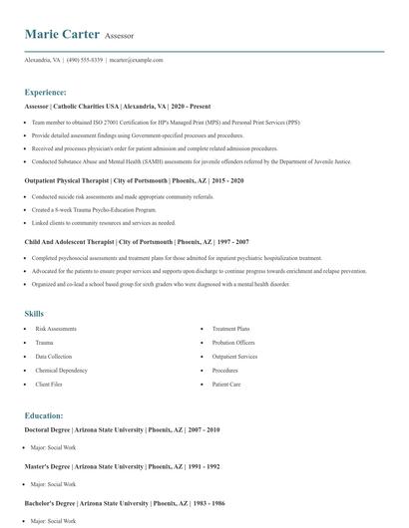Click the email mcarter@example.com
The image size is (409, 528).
coord(137,60)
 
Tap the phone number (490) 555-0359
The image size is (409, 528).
coord(86,60)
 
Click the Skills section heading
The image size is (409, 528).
coord(34,314)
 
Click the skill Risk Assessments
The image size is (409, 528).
coord(56,328)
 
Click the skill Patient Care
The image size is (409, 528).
coord(226,384)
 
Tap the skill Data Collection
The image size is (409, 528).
coord(53,356)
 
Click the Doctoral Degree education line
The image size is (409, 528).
coord(122,429)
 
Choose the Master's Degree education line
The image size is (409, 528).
coord(122,466)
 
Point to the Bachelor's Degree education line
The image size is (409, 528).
coord(123,503)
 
